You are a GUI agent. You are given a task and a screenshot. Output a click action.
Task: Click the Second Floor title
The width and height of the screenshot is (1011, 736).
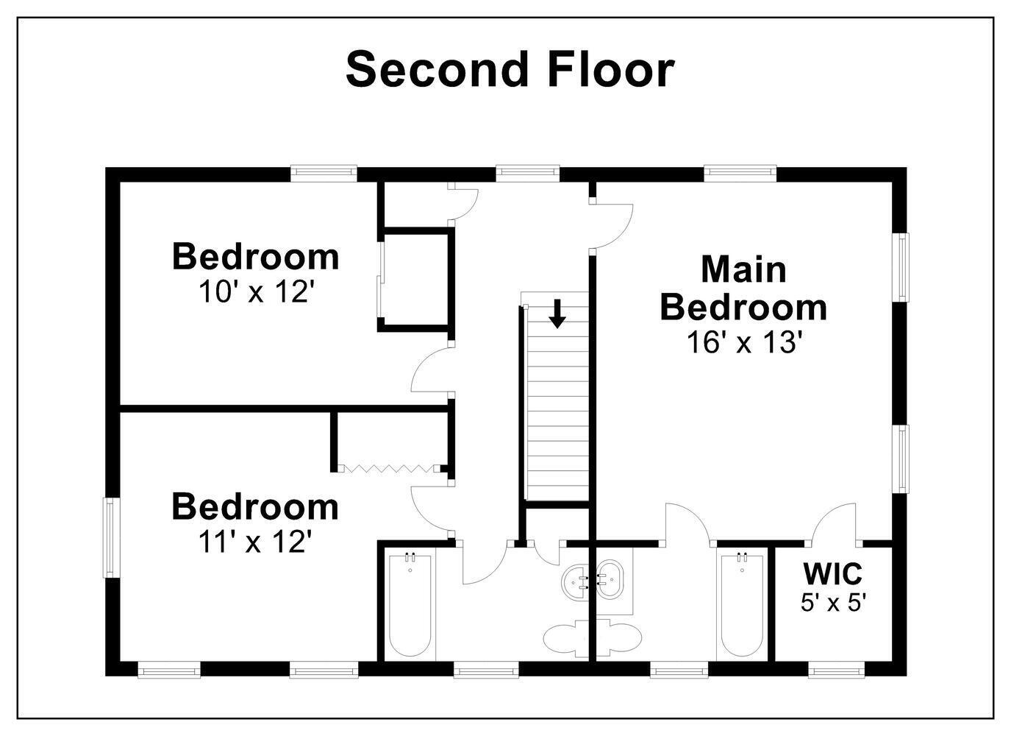[x=510, y=69]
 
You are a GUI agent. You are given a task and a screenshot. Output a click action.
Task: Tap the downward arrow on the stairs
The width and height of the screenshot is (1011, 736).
[x=557, y=313]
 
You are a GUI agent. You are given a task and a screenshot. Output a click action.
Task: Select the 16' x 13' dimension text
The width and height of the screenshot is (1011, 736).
[x=743, y=342]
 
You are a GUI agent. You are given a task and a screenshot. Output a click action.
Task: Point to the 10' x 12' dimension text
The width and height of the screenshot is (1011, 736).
[x=256, y=292]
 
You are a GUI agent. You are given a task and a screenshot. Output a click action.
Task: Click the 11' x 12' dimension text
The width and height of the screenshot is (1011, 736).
[x=255, y=542]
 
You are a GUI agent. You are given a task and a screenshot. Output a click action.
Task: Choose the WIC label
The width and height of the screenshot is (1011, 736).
[x=833, y=573]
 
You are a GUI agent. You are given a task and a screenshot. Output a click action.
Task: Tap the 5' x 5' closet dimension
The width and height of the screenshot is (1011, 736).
[x=833, y=603]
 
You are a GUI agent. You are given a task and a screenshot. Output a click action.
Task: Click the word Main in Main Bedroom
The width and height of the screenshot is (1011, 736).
[x=743, y=269]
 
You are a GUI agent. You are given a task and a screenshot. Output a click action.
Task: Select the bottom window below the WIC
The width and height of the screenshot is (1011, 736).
[x=836, y=670]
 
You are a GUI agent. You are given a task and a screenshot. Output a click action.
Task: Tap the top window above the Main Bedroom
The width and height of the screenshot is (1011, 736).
[x=740, y=174]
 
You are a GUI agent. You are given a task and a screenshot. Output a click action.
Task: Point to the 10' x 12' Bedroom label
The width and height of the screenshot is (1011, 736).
[x=256, y=256]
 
